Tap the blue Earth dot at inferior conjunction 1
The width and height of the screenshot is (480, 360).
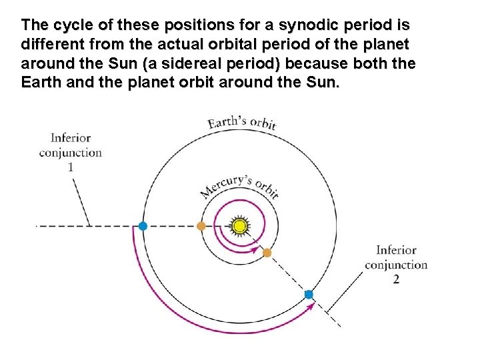click(x=143, y=226)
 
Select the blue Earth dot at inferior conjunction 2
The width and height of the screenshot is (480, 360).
click(x=309, y=294)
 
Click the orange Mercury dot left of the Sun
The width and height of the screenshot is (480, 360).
click(x=201, y=226)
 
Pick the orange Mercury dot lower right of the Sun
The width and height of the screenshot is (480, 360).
click(x=267, y=253)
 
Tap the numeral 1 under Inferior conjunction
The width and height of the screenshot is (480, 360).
click(x=70, y=167)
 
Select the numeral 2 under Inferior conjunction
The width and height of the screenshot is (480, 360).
click(x=396, y=279)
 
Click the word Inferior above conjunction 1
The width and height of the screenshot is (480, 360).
click(x=70, y=138)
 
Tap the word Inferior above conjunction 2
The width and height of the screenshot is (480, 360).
click(x=396, y=251)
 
